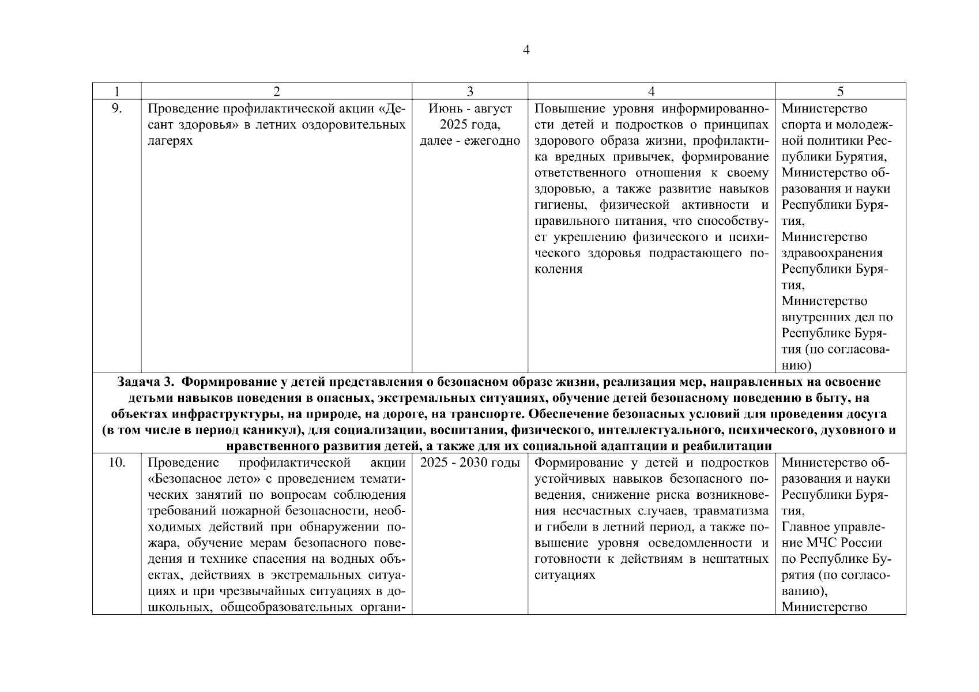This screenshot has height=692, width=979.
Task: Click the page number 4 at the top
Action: click(x=526, y=50)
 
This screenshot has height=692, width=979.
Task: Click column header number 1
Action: click(x=117, y=91)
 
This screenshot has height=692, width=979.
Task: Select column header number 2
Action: click(x=277, y=91)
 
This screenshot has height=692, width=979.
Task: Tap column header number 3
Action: click(x=470, y=91)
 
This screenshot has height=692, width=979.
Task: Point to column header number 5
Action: click(x=840, y=91)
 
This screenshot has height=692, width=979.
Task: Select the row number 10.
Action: click(x=116, y=463)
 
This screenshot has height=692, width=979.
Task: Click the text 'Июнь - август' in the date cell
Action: click(x=470, y=109)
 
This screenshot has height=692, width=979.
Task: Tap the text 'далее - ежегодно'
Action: click(x=470, y=141)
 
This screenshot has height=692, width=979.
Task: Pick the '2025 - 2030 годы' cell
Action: click(x=470, y=463)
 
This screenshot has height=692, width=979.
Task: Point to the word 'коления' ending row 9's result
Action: click(x=558, y=269)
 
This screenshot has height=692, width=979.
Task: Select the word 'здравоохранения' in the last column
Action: click(x=832, y=253)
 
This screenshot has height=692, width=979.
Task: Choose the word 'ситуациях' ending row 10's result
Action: click(x=564, y=576)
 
